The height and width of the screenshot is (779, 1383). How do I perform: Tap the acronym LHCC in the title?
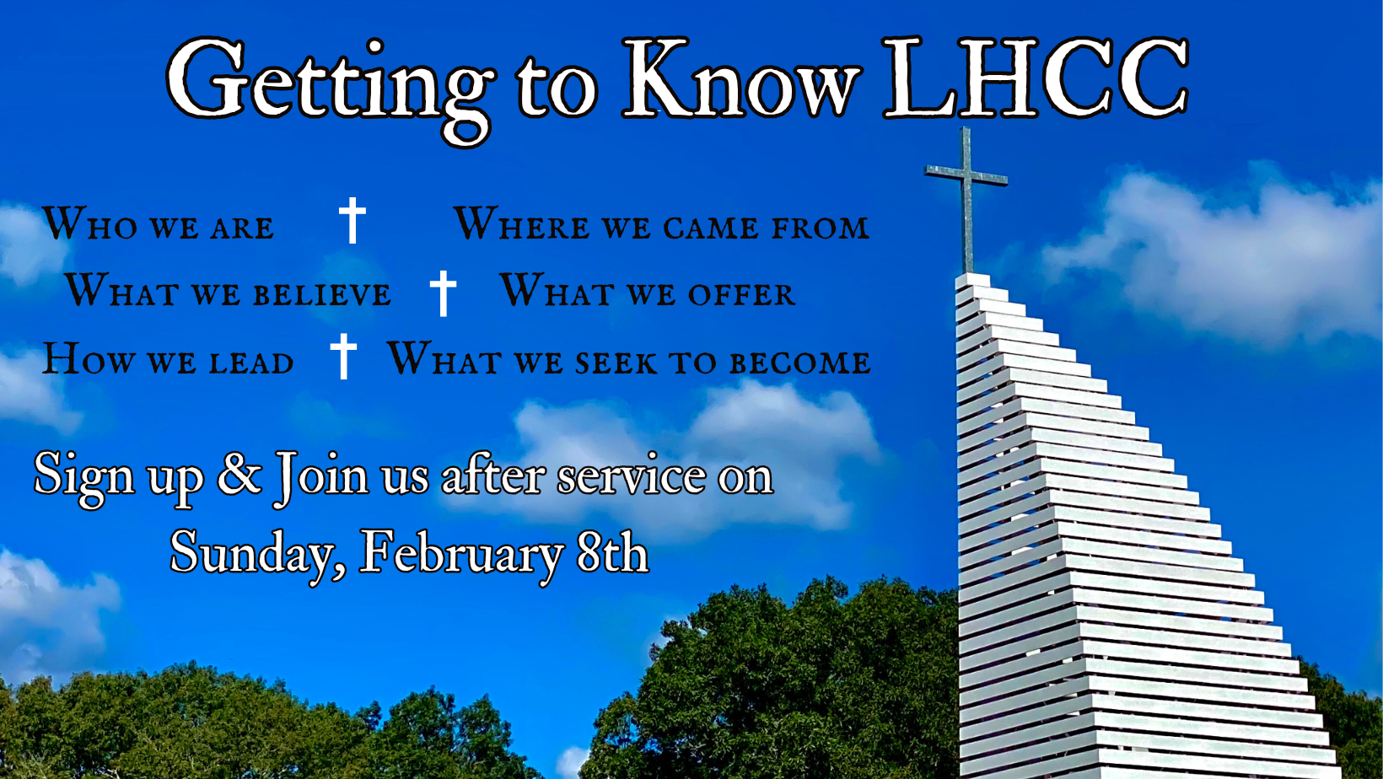[1036, 78]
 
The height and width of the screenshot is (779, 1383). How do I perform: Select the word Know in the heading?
[741, 78]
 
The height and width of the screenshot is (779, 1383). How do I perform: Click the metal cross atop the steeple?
[966, 201]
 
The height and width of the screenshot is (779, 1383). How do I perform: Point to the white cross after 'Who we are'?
[352, 220]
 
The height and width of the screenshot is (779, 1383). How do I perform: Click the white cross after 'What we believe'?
[444, 293]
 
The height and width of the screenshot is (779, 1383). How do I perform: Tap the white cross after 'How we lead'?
[343, 356]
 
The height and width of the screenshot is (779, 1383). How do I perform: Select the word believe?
[321, 294]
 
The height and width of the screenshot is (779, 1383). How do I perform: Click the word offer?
[741, 294]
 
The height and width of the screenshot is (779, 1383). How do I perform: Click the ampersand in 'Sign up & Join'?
[239, 474]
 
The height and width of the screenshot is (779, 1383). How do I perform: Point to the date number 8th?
[612, 552]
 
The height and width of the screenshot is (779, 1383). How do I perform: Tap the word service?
[632, 476]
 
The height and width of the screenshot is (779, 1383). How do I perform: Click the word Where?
[522, 223]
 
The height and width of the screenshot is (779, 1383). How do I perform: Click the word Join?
[321, 477]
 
